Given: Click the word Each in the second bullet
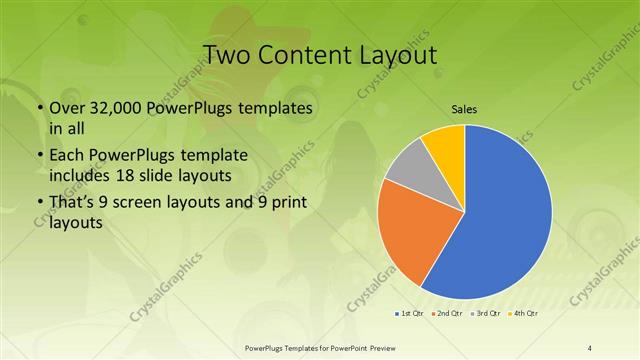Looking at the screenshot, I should tap(68, 155).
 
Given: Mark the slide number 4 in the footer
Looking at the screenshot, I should tap(590, 347).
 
